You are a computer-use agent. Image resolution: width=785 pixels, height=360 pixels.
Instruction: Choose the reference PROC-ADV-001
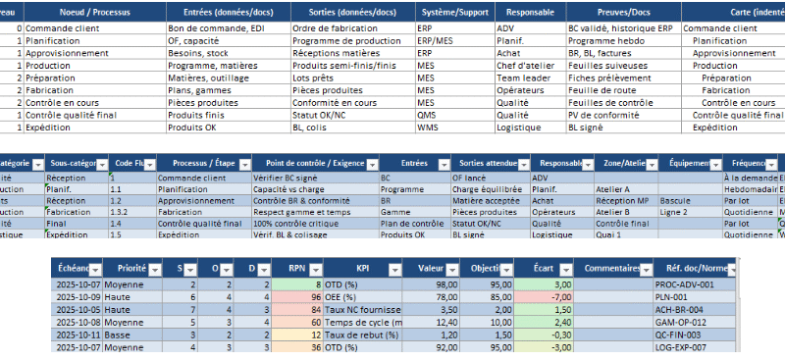[x=681, y=283]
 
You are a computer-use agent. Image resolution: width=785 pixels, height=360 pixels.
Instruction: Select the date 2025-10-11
[x=78, y=333]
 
